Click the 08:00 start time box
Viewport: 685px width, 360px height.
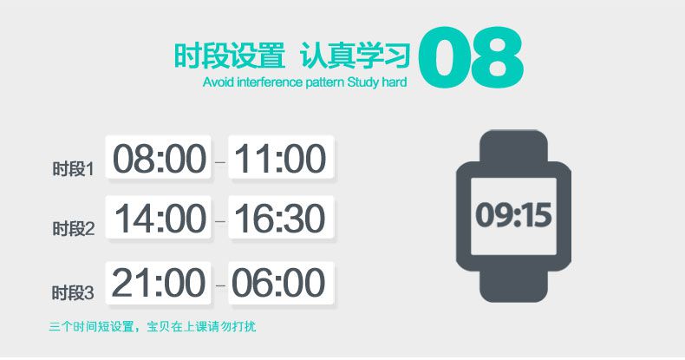(160, 159)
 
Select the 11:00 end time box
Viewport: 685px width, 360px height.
(281, 159)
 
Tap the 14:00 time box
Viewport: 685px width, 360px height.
(160, 219)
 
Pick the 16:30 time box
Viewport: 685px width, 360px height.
(281, 219)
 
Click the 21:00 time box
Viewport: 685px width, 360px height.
(160, 283)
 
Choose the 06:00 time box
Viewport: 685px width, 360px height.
(281, 283)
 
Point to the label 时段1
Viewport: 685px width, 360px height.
(73, 168)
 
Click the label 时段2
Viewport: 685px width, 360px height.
(73, 229)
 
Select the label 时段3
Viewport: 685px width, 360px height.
(73, 292)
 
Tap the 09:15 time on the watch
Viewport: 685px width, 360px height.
(513, 214)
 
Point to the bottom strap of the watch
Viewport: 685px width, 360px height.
(513, 286)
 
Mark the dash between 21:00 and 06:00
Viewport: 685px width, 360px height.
(219, 284)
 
